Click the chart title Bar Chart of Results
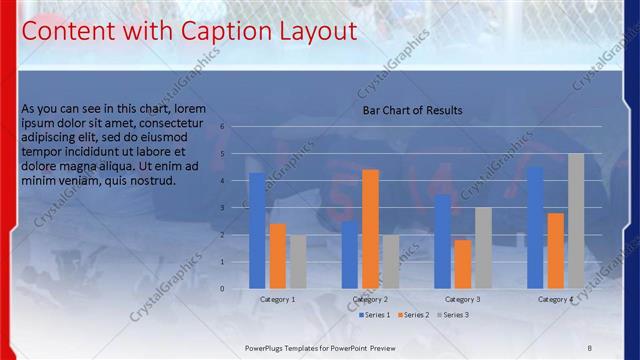(x=412, y=111)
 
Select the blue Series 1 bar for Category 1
(x=257, y=230)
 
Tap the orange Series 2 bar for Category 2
(x=370, y=228)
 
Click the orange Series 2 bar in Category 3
(x=462, y=263)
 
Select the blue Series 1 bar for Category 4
(x=535, y=227)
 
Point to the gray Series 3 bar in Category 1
(x=298, y=261)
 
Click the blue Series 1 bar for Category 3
(x=442, y=241)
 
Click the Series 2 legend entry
(x=414, y=315)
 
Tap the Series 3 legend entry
(x=453, y=315)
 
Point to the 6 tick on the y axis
(x=236, y=127)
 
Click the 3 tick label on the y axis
(x=236, y=208)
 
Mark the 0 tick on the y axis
(x=236, y=289)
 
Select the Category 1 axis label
(x=278, y=299)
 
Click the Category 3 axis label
(x=462, y=299)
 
